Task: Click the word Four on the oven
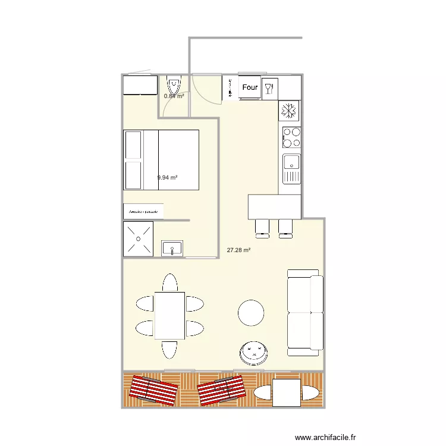point(250,87)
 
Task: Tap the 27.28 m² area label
point(238,250)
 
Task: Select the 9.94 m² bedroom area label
point(168,177)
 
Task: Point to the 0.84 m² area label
point(174,96)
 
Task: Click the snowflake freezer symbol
point(289,111)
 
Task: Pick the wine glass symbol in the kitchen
point(269,88)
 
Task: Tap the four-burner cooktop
point(291,137)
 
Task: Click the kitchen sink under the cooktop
point(291,168)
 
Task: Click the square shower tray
point(138,239)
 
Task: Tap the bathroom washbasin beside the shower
point(172,248)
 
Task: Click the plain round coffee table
point(251,313)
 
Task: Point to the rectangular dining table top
point(169,315)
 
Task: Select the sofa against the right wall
point(304,312)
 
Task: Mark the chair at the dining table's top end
point(169,282)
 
